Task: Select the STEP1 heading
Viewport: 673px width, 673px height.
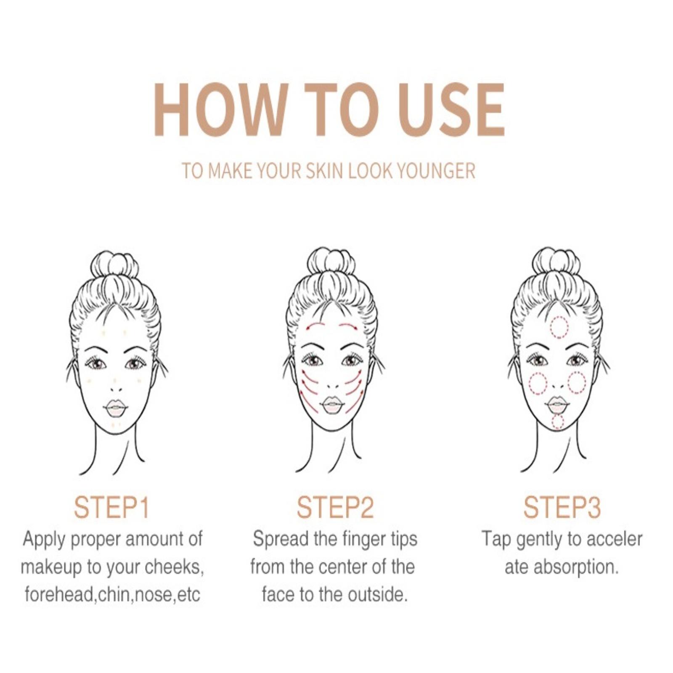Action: [111, 507]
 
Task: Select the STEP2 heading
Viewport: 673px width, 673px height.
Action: [335, 507]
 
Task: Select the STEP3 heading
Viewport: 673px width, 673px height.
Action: [562, 507]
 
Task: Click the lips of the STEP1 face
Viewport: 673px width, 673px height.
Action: [115, 407]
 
